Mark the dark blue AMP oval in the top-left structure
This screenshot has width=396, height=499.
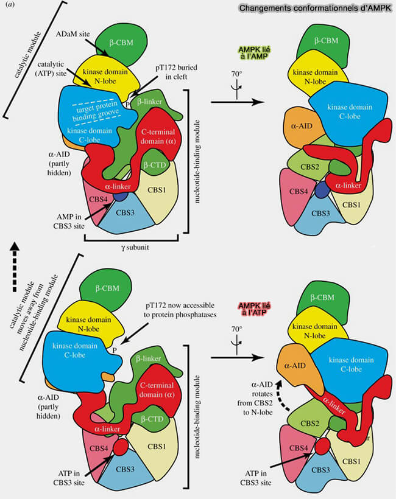click(x=120, y=197)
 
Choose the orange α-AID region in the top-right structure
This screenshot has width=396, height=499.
click(x=298, y=128)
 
